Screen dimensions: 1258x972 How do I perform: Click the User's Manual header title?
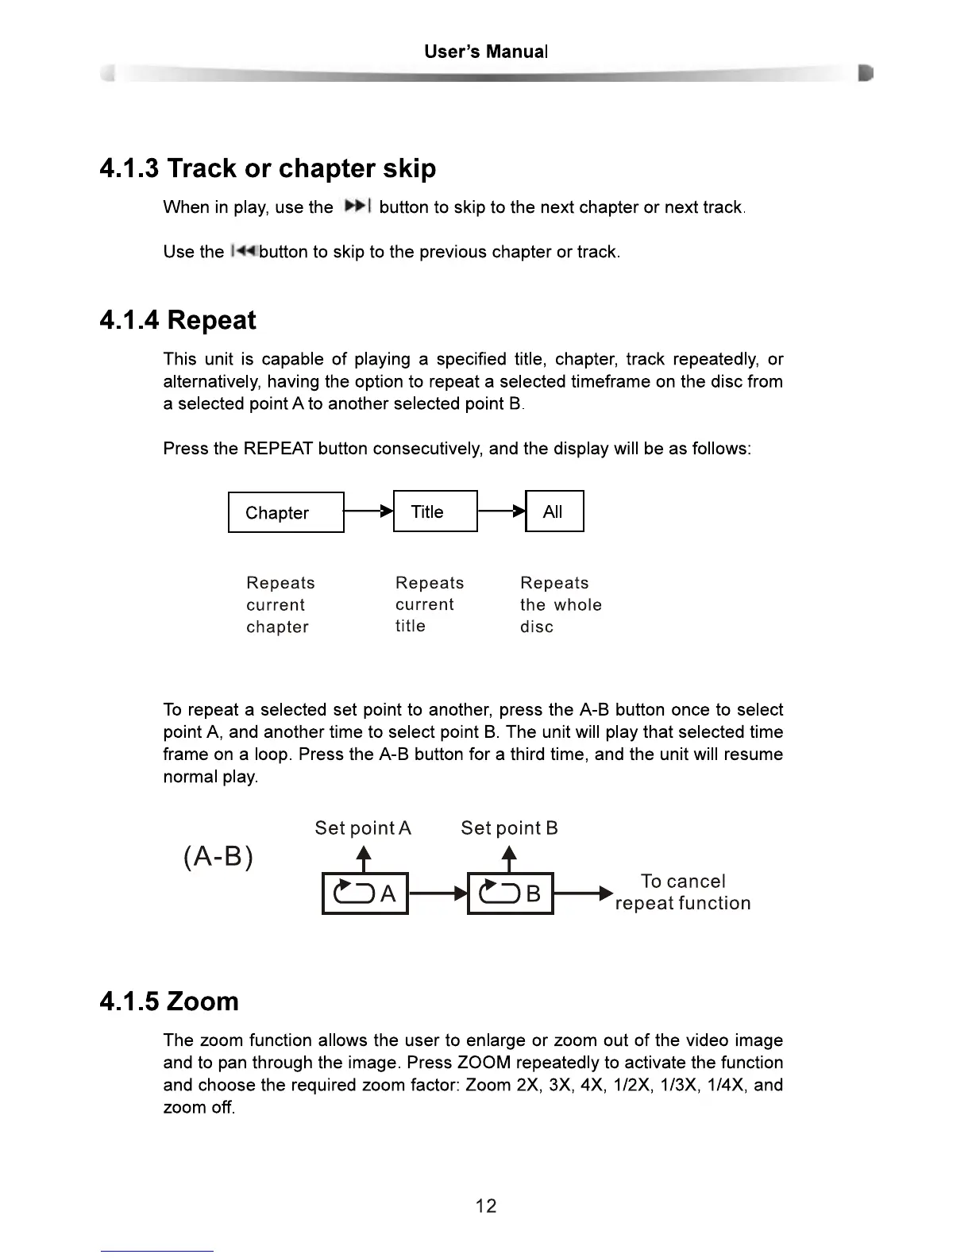[x=485, y=52]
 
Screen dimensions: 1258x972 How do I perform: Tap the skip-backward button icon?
[x=241, y=252]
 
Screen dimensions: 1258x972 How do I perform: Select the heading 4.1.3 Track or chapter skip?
[x=268, y=168]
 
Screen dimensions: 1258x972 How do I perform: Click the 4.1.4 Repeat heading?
[x=178, y=320]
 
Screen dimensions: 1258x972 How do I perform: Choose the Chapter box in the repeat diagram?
[x=286, y=512]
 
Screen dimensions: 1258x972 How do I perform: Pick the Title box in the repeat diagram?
[x=435, y=511]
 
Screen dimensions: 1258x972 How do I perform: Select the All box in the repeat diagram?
[x=554, y=511]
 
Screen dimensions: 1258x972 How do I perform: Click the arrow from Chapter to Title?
[x=368, y=511]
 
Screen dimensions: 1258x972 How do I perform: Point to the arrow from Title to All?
[x=502, y=511]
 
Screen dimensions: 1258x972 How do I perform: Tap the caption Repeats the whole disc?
[x=560, y=604]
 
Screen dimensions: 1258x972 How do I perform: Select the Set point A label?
[x=363, y=828]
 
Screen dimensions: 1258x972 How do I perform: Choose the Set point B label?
[x=509, y=828]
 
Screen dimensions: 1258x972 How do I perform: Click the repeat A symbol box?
[x=364, y=893]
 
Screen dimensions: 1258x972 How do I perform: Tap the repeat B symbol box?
[x=510, y=893]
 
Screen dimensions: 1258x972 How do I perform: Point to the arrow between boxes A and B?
[x=438, y=893]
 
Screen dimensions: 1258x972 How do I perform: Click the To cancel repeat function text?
[x=683, y=893]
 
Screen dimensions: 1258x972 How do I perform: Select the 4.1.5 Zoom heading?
[x=169, y=1001]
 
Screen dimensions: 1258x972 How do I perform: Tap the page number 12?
[x=486, y=1206]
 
